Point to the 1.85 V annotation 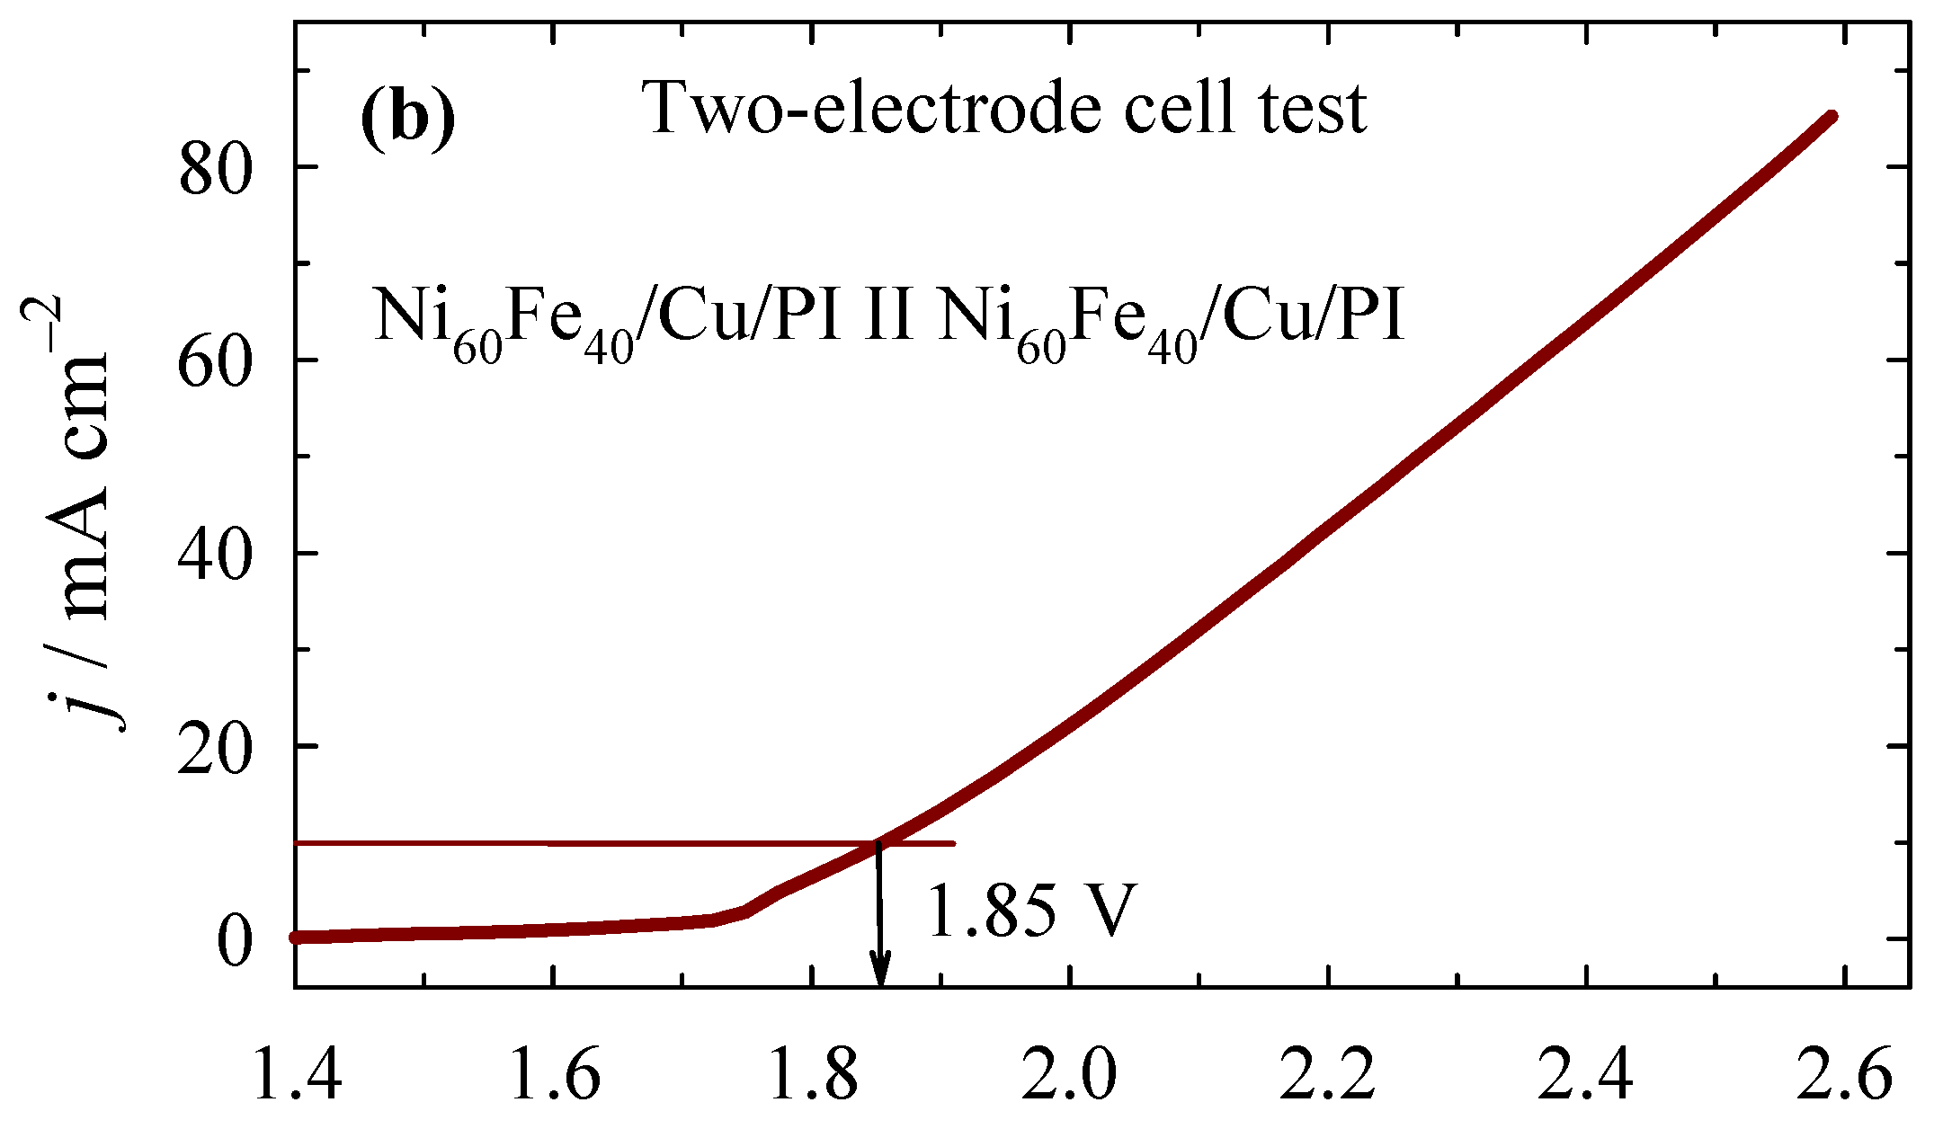1031,911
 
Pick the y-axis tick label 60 213,360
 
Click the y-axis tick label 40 213,553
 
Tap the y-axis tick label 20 213,746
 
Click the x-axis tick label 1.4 297,1076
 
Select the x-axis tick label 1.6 554,1076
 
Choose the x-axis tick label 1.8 812,1076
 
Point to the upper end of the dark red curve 1832,116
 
